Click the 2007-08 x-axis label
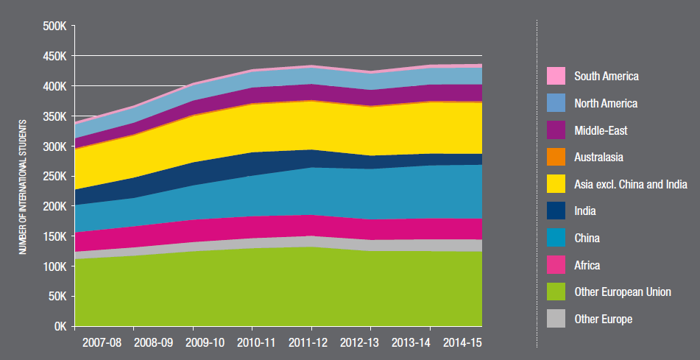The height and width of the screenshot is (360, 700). [103, 343]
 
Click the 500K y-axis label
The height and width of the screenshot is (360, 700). [54, 27]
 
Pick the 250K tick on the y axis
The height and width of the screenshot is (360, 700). [54, 177]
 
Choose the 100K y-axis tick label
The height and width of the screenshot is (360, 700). [54, 267]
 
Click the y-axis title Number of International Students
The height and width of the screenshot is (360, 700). [23, 186]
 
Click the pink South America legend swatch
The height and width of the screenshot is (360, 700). [556, 76]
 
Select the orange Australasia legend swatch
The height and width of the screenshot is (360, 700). [556, 157]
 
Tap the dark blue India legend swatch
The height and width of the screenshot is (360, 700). [556, 211]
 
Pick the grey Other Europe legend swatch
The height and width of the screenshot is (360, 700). [556, 319]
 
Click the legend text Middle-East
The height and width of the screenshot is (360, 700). [601, 130]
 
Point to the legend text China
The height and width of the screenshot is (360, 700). [587, 238]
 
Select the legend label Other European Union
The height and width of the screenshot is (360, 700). [622, 292]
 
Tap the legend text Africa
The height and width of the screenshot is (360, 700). [587, 265]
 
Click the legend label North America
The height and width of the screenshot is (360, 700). [606, 103]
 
